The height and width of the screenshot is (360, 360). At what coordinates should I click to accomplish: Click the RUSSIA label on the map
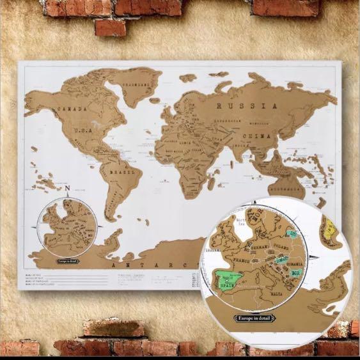point(246,106)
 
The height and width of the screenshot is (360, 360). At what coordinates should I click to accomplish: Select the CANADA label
point(72,109)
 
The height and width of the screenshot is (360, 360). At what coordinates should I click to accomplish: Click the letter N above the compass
point(67,188)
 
